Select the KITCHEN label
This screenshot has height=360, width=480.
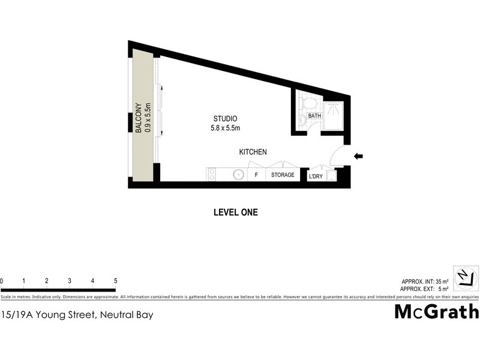253,152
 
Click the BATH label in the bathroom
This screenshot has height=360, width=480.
314,116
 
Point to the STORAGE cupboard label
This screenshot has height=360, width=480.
283,175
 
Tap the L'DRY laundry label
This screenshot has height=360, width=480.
316,176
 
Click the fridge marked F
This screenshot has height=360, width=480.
256,175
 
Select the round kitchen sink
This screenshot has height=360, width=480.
238,175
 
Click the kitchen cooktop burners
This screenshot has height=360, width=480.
212,175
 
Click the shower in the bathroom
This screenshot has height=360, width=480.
334,115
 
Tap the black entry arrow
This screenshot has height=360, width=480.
359,157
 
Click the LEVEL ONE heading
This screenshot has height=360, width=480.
236,212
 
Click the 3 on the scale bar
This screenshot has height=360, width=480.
70,281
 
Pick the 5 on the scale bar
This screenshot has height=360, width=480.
115,281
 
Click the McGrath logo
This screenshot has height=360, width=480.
436,311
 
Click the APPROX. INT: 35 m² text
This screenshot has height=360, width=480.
425,281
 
